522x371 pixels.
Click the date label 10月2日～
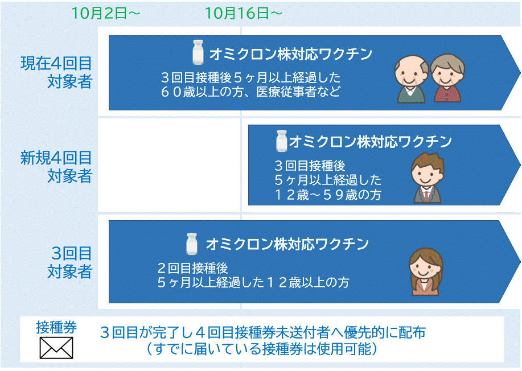point(105,13)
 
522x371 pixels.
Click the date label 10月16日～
point(244,13)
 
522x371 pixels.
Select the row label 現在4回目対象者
point(56,72)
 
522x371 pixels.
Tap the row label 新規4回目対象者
point(56,167)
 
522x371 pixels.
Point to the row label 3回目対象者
point(69,262)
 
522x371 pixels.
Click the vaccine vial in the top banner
point(198,52)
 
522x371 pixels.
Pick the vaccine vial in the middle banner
point(282,141)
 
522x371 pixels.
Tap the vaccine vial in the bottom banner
point(191,244)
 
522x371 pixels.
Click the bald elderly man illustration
point(411,79)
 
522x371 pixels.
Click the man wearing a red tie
point(428,178)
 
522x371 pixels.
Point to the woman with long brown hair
point(426,272)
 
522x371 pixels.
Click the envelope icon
point(56,348)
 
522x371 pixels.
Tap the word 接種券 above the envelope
point(56,327)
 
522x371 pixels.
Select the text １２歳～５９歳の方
point(328,195)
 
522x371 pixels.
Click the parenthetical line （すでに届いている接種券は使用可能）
point(262,349)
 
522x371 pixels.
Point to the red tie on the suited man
point(426,196)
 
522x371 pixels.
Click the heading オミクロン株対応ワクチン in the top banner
point(291,54)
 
